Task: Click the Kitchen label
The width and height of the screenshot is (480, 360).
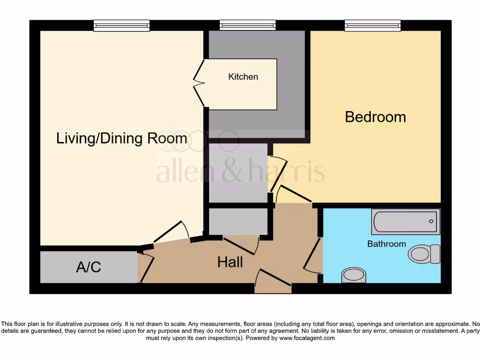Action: coord(243,77)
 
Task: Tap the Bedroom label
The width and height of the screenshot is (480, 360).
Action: coord(375,117)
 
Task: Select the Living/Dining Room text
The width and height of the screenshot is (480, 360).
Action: coord(121,138)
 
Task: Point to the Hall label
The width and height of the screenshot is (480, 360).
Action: coord(230,262)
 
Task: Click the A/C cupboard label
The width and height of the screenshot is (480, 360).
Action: coord(89,267)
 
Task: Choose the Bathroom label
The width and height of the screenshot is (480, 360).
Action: coord(386,244)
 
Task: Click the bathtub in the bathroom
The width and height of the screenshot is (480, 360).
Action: coord(406,222)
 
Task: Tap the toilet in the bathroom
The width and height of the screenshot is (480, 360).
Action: coord(424,254)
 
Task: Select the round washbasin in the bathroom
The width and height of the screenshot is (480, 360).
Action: coord(354,275)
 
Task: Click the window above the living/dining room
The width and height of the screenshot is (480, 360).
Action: coord(121,25)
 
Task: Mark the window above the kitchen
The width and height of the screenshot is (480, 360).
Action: coord(247,25)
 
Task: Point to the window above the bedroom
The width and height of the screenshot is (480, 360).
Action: coord(373,25)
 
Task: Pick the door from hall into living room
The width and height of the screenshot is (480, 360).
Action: coord(171,232)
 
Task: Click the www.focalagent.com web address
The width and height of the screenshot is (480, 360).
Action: coord(307,338)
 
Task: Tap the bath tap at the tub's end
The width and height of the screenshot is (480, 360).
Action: coord(432,221)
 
